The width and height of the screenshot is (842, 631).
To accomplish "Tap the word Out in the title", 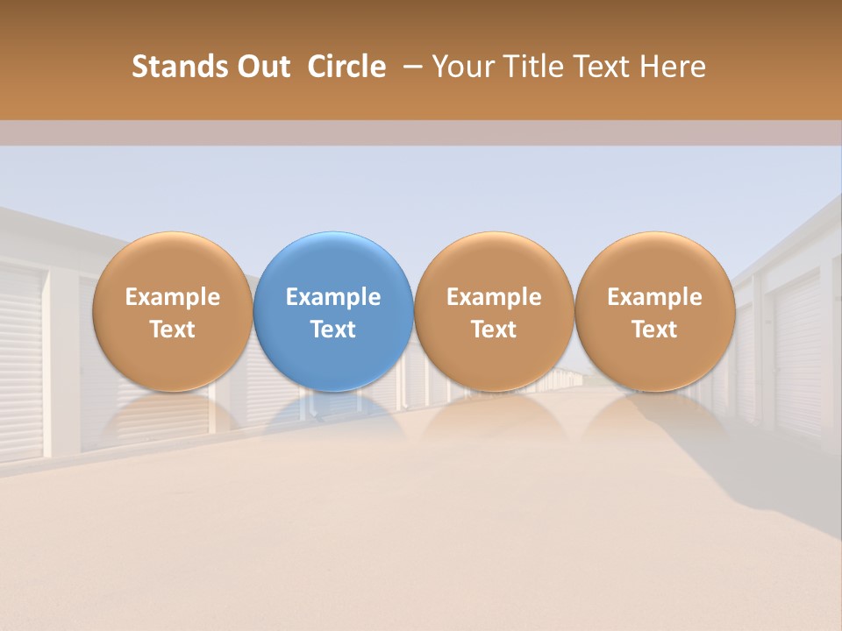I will tap(261, 67).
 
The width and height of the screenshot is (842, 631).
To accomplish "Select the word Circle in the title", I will tap(346, 67).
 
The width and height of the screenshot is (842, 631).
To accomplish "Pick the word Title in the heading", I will tap(530, 67).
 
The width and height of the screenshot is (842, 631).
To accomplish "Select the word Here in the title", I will tap(673, 67).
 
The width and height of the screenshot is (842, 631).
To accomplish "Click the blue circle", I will tap(333, 263).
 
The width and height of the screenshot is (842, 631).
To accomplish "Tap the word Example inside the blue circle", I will tap(333, 297).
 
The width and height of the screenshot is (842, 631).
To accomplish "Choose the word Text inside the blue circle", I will tap(333, 330).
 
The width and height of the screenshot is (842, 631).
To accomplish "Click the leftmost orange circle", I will tap(172, 263).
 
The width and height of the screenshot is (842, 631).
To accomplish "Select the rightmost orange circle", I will tap(655, 263).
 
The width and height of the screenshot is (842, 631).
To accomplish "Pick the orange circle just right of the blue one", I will tap(494, 263).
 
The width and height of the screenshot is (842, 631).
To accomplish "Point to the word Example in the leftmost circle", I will tap(172, 297).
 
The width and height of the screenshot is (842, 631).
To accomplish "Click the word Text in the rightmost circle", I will tap(655, 330).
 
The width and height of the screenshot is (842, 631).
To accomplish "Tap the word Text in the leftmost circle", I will tap(172, 330).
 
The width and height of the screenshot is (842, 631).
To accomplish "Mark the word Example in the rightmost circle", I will tap(655, 297).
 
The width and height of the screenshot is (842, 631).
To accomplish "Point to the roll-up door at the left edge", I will tap(19, 359).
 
